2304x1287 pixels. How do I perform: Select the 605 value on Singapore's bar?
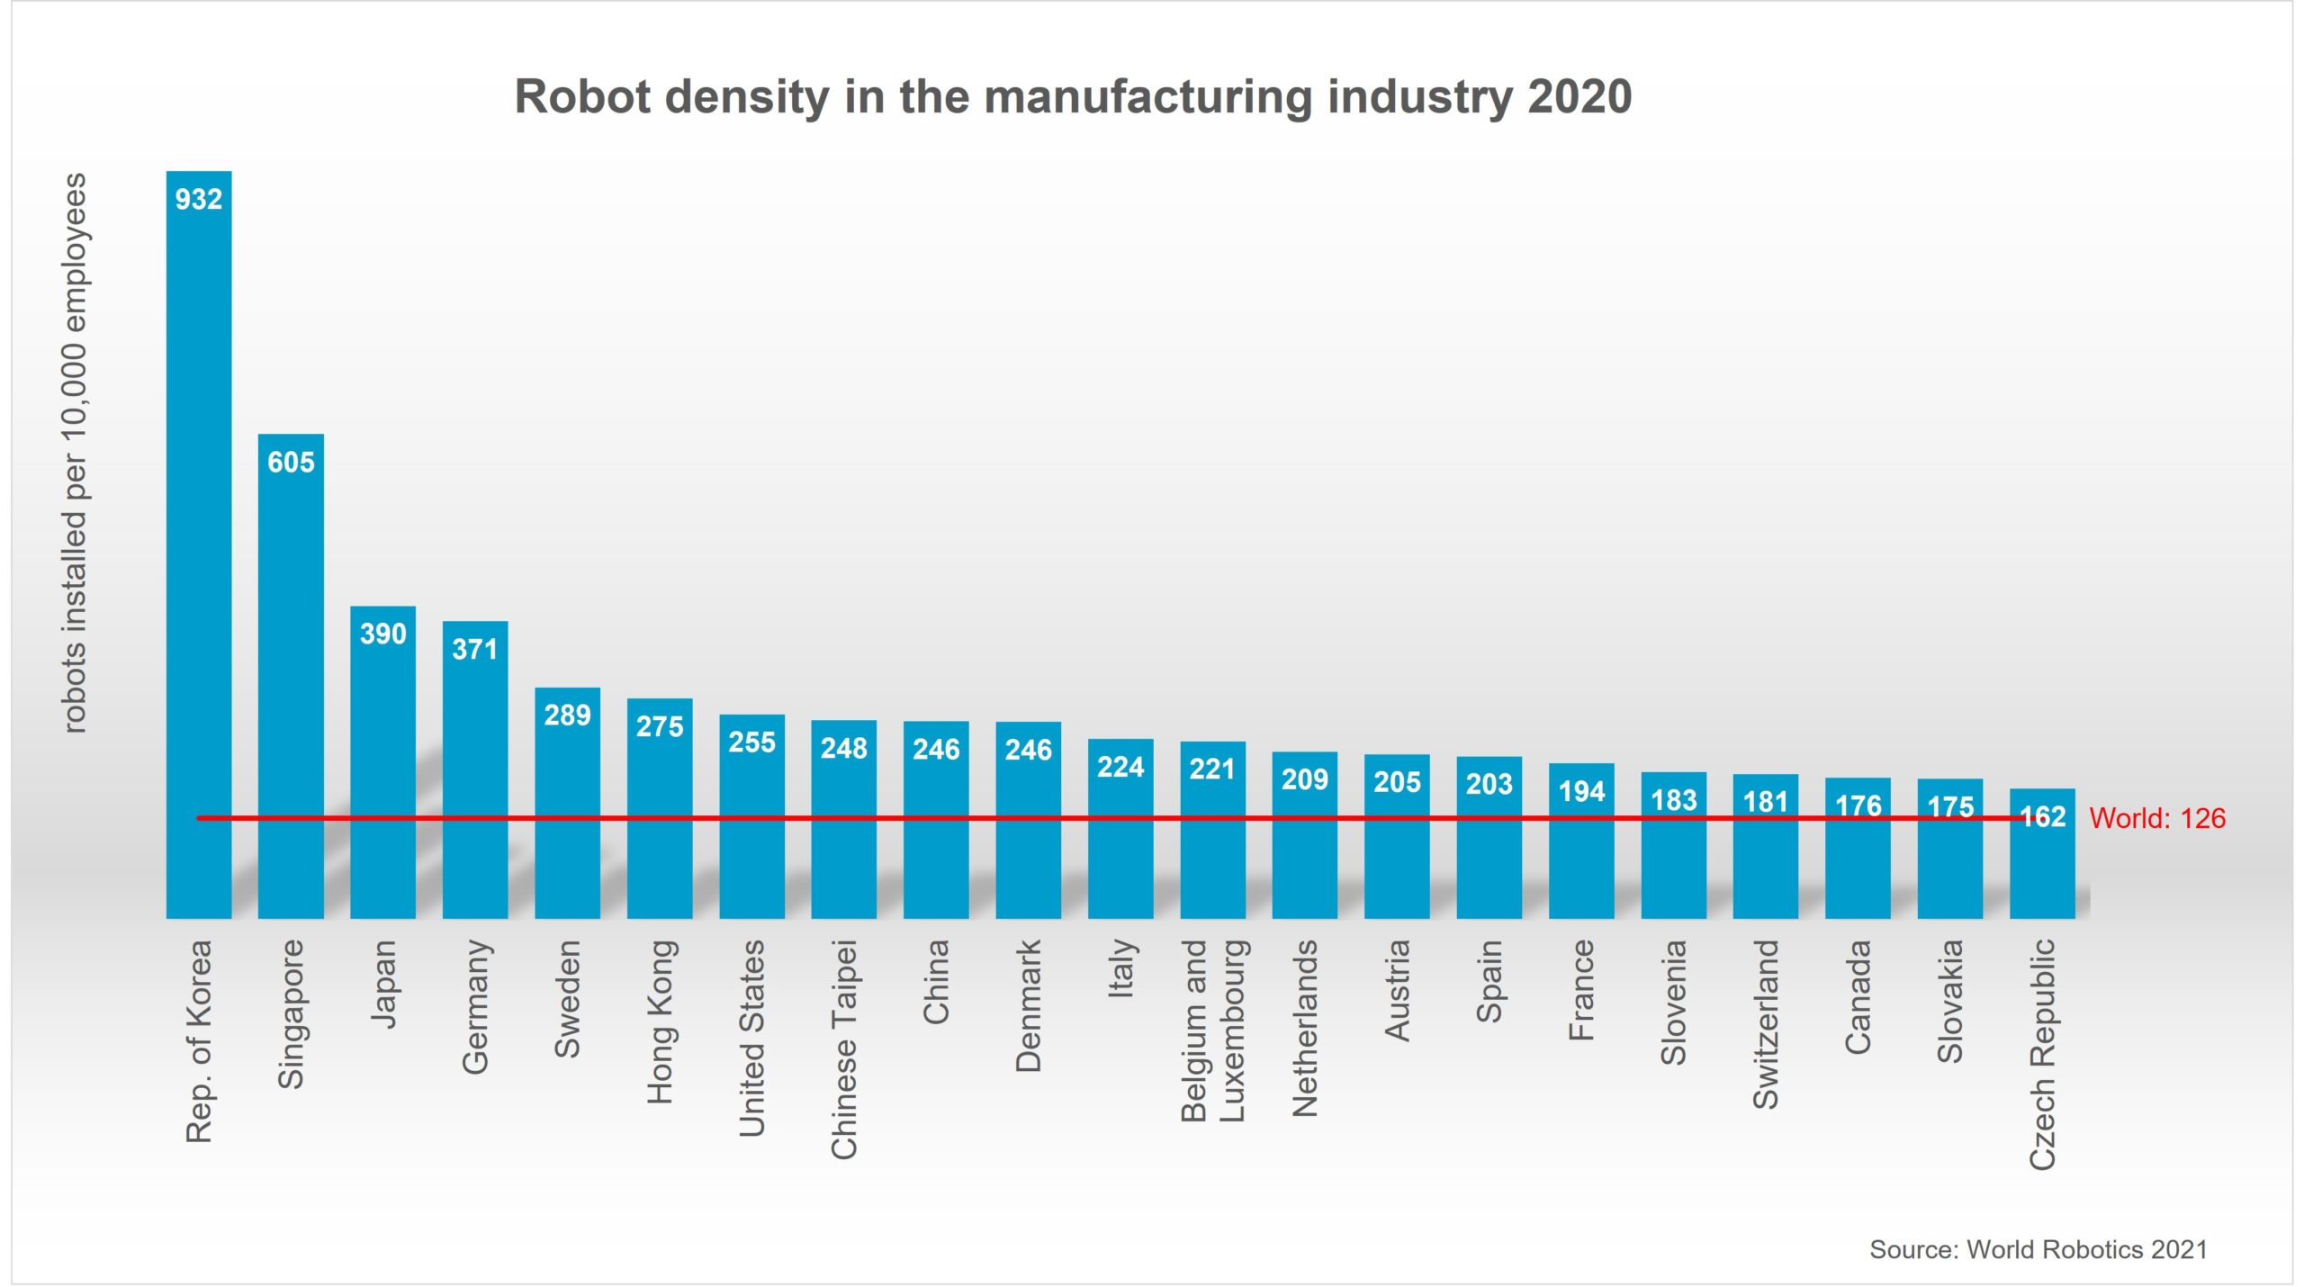(291, 463)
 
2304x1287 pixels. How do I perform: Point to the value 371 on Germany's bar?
(474, 649)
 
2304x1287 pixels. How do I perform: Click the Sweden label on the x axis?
(567, 998)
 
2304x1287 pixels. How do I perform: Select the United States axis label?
(751, 1038)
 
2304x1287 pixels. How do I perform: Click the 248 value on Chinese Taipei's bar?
(843, 748)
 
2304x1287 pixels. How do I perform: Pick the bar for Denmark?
(1028, 828)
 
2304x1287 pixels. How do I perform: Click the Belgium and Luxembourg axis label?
(1212, 1030)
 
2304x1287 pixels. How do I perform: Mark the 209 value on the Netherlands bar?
(1304, 779)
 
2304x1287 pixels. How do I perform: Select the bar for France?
(1581, 855)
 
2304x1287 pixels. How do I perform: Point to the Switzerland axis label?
(1766, 1023)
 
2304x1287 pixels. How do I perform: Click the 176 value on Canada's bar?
(1858, 805)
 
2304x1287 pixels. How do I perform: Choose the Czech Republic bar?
(2042, 864)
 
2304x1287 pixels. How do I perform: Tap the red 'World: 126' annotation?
(2156, 818)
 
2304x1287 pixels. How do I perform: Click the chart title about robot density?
(1073, 96)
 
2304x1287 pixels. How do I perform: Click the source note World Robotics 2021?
(2038, 1249)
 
